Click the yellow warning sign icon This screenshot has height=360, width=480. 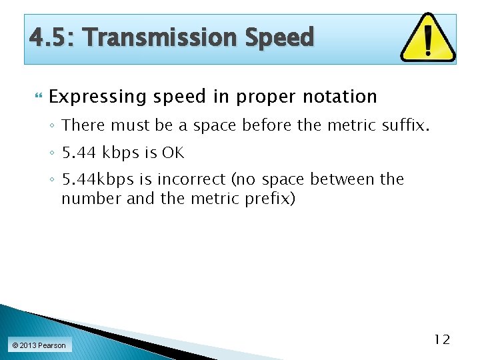427,37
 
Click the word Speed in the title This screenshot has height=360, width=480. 279,37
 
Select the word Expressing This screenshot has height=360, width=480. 97,97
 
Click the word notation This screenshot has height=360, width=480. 340,97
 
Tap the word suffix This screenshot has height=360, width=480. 401,125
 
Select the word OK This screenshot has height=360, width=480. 173,153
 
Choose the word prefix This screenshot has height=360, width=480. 271,199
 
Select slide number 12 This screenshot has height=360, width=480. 442,340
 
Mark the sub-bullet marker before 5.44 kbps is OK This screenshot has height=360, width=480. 53,153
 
